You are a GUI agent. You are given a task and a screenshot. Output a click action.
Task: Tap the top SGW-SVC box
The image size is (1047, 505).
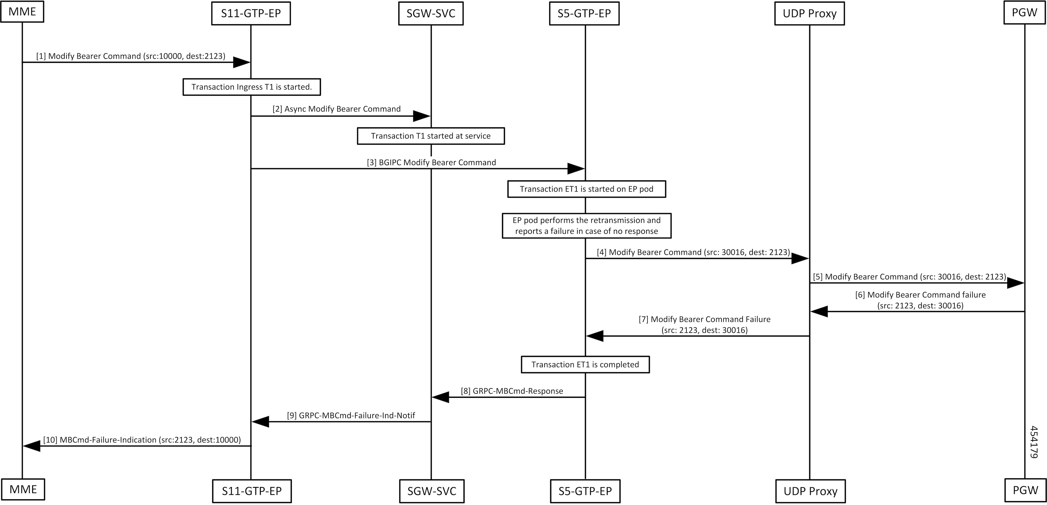point(431,13)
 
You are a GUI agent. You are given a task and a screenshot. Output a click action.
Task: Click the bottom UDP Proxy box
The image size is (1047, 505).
point(810,491)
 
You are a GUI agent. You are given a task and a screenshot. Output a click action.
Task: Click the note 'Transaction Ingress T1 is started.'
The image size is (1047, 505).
point(251,87)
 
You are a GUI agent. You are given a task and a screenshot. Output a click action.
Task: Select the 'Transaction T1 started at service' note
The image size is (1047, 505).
point(431,136)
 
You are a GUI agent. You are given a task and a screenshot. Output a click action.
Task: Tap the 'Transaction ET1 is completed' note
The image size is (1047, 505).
point(585,365)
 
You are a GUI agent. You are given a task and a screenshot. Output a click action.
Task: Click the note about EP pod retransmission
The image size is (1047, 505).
point(587,225)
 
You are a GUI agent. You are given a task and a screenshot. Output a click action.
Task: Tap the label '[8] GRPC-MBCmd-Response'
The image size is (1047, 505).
point(512,391)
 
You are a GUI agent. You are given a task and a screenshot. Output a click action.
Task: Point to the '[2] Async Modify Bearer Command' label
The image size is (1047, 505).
point(337,109)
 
